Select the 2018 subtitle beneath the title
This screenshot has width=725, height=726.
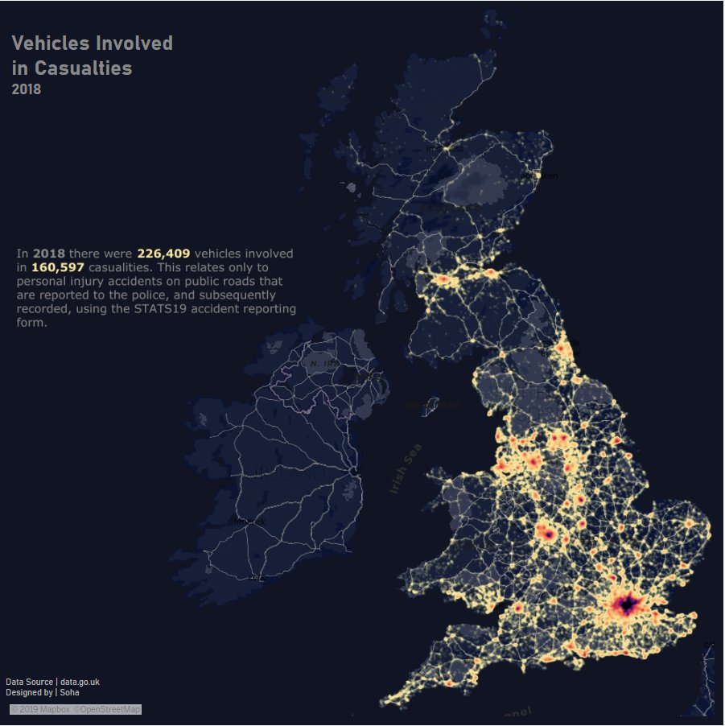26,89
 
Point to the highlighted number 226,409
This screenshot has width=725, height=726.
163,254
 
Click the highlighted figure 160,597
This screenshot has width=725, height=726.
58,267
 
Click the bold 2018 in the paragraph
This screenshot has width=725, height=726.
49,254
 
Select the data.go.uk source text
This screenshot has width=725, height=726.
80,683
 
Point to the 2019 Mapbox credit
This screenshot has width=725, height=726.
41,709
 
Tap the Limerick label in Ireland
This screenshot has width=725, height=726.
250,522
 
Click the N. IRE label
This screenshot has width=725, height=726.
324,364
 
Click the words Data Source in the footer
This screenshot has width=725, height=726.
29,683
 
